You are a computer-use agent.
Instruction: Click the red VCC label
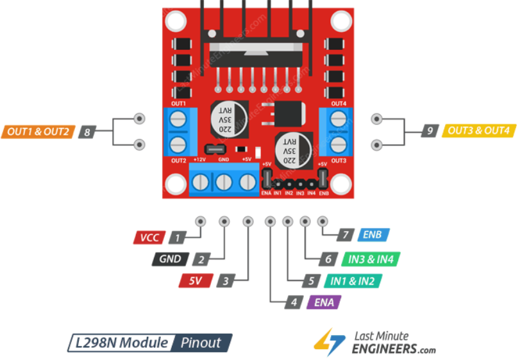click(x=151, y=238)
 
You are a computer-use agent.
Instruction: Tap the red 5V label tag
click(x=196, y=281)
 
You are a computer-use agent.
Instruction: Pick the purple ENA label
click(x=323, y=302)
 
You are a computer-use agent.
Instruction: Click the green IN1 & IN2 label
click(x=353, y=281)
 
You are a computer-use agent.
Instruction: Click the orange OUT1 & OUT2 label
click(x=38, y=131)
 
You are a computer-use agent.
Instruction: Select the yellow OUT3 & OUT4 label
click(x=479, y=131)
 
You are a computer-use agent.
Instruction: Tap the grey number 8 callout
click(x=87, y=132)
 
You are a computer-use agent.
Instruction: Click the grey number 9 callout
click(x=431, y=131)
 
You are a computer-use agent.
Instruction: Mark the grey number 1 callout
click(x=176, y=238)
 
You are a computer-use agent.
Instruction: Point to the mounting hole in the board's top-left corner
click(x=176, y=21)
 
